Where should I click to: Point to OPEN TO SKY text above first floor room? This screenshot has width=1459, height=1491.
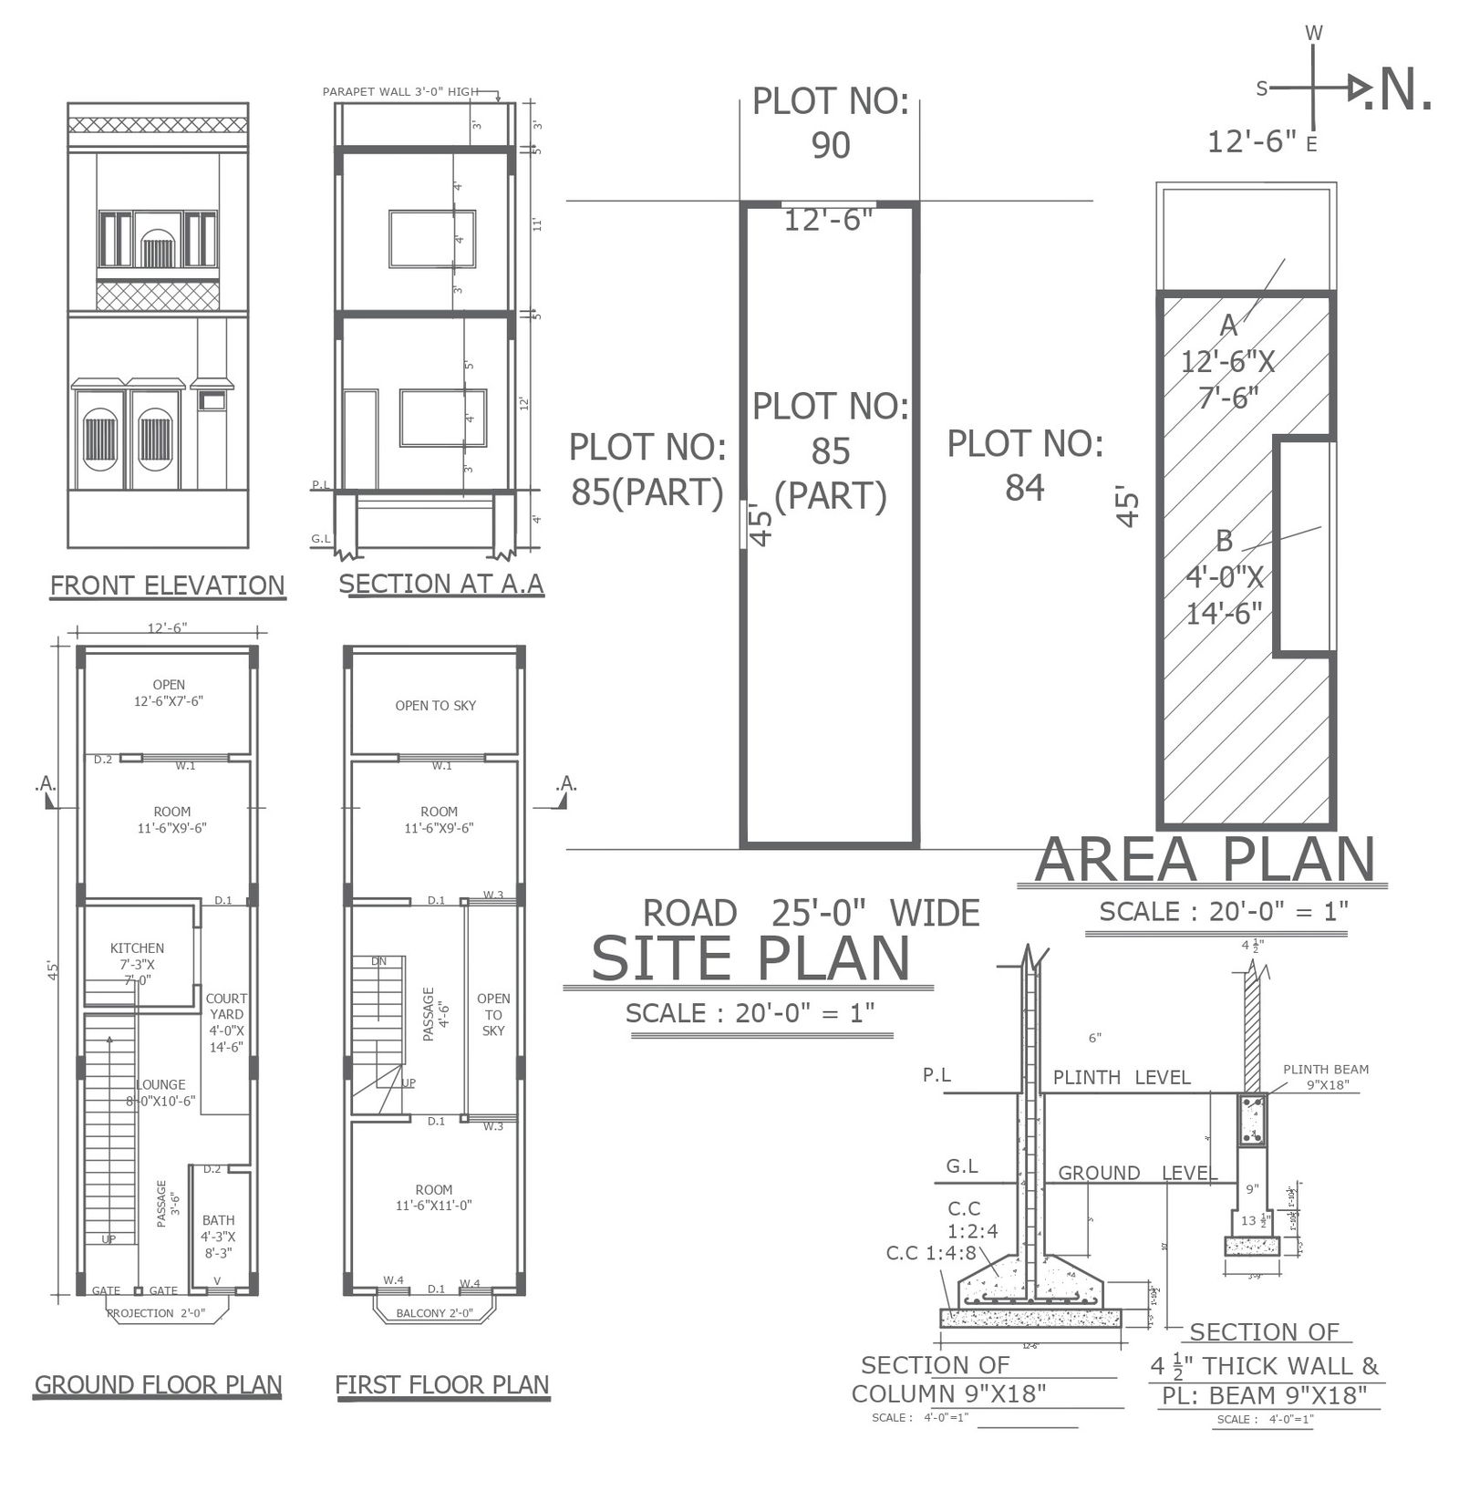[x=435, y=705]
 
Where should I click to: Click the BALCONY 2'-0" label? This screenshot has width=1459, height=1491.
[x=435, y=1313]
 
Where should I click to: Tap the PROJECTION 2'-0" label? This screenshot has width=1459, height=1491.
[x=155, y=1313]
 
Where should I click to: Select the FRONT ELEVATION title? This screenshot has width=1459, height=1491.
[x=167, y=585]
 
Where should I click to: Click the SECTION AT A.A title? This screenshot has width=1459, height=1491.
[x=441, y=583]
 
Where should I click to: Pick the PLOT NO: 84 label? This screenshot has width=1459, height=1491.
[x=1024, y=465]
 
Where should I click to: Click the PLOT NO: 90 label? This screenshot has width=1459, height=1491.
[x=830, y=123]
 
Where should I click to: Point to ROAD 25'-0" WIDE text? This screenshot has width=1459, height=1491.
[x=811, y=912]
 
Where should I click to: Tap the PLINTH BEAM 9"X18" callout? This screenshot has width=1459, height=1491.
[x=1325, y=1077]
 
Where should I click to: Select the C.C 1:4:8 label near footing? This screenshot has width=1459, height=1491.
[x=930, y=1253]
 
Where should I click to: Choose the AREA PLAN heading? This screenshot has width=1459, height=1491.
[x=1204, y=859]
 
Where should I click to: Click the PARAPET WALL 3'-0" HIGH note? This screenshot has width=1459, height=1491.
[x=400, y=91]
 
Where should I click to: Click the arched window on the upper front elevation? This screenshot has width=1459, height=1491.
[x=158, y=247]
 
